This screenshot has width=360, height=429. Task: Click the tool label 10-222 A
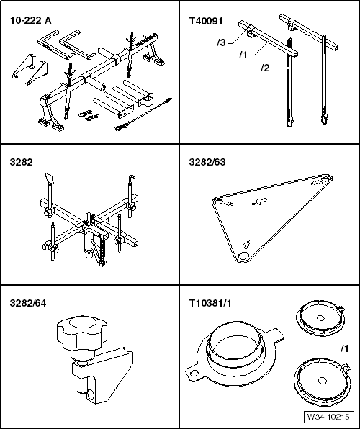click(x=30, y=21)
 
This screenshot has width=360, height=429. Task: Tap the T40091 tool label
click(x=206, y=21)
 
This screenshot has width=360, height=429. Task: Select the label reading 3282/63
click(x=207, y=162)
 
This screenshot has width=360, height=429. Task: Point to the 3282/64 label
click(x=28, y=303)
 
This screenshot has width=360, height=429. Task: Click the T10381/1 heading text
click(x=210, y=303)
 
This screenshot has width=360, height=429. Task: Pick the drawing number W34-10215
click(x=328, y=417)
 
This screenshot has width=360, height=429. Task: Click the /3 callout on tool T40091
click(x=221, y=43)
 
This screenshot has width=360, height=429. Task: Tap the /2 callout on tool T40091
click(x=265, y=68)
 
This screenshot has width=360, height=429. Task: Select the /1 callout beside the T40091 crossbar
click(x=243, y=55)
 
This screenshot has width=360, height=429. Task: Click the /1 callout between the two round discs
click(x=345, y=348)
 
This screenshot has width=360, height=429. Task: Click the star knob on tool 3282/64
click(x=82, y=333)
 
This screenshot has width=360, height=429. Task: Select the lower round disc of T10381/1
click(x=322, y=381)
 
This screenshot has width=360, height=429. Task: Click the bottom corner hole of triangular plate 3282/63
click(x=243, y=256)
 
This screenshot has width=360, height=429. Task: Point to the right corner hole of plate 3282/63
click(x=325, y=179)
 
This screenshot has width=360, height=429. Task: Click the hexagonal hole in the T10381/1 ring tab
click(x=194, y=373)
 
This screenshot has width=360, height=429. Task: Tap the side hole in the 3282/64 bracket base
click(x=91, y=394)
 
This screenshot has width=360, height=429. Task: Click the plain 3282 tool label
click(x=21, y=162)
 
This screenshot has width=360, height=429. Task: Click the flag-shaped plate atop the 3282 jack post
click(x=49, y=178)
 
